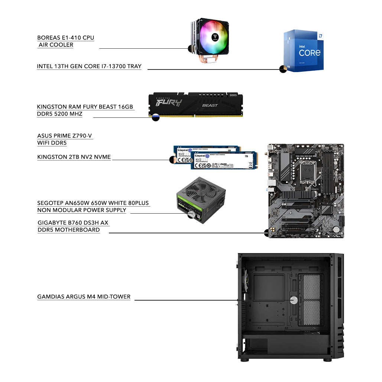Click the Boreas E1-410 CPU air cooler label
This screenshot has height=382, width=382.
[x=65, y=41]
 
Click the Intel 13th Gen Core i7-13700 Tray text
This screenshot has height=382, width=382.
[x=89, y=67]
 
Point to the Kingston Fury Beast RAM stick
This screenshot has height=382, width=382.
[x=195, y=105]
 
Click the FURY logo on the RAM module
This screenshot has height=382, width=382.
[x=169, y=103]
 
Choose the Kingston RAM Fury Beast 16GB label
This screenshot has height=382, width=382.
[x=85, y=110]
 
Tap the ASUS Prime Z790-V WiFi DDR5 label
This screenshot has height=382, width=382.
[x=65, y=139]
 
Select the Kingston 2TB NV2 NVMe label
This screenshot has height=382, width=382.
[x=74, y=157]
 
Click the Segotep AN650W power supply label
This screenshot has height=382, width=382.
[x=93, y=207]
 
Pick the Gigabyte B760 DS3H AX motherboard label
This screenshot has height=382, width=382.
[x=73, y=226]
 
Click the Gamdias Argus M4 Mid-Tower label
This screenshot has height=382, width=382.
[x=84, y=297]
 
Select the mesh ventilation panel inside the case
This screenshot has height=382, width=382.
[x=311, y=301]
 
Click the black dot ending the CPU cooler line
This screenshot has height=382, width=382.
[x=191, y=48]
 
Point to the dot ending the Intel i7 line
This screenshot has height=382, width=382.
[x=283, y=69]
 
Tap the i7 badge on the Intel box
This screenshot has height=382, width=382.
[x=320, y=36]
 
